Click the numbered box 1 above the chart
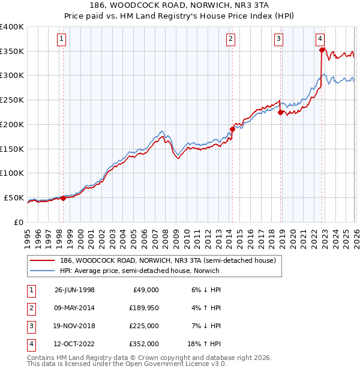tap(63, 40)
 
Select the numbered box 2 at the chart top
tap(230, 40)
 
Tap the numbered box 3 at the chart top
tap(279, 40)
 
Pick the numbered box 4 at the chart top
tap(320, 40)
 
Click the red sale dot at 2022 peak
tap(322, 50)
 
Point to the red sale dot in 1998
tap(63, 198)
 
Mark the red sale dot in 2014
tap(232, 128)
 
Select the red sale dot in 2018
tap(280, 112)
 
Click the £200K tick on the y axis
tap(12, 124)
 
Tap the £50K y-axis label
tap(14, 197)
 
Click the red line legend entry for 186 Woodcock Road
tap(167, 261)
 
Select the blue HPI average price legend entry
tap(139, 271)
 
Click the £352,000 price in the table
tap(143, 344)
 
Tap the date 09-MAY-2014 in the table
tap(74, 308)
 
